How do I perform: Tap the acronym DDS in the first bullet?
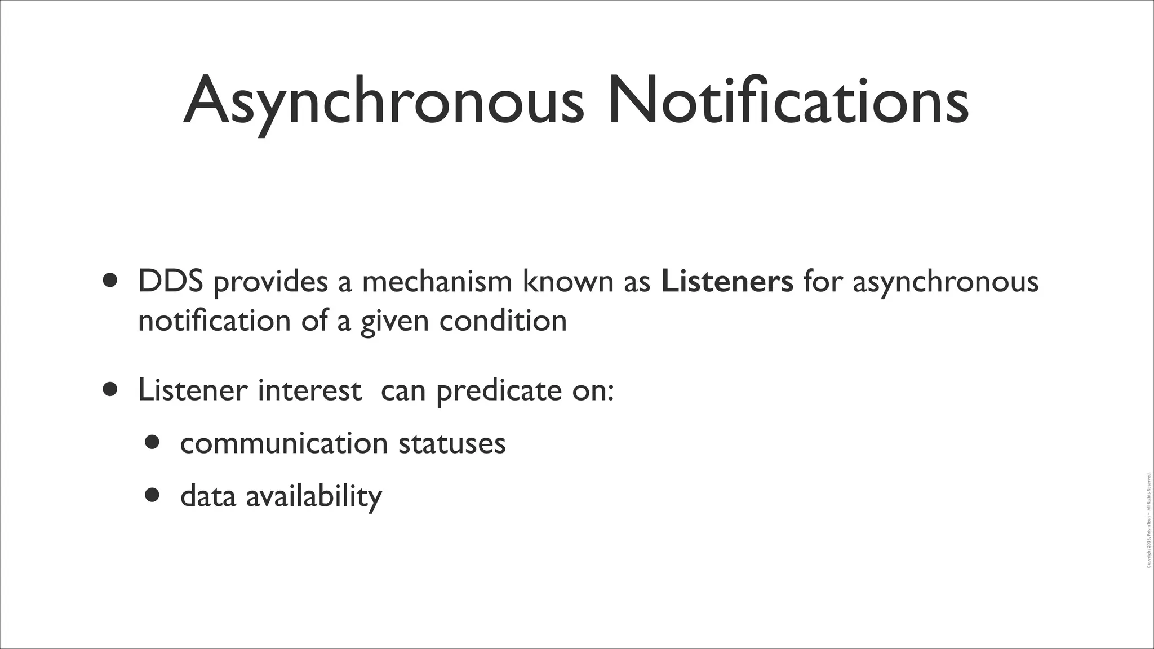tap(170, 281)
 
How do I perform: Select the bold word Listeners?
tap(727, 281)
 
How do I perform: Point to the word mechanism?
tap(437, 281)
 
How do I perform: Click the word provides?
tap(270, 282)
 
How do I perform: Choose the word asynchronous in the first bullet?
tap(945, 282)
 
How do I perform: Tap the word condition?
tap(503, 321)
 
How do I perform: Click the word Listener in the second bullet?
tap(192, 390)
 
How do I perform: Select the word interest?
tap(309, 390)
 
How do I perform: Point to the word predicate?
tap(499, 391)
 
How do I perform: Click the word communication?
tap(284, 443)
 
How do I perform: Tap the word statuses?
tap(452, 443)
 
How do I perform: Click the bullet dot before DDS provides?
tap(110, 280)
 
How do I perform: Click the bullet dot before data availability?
tap(152, 495)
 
